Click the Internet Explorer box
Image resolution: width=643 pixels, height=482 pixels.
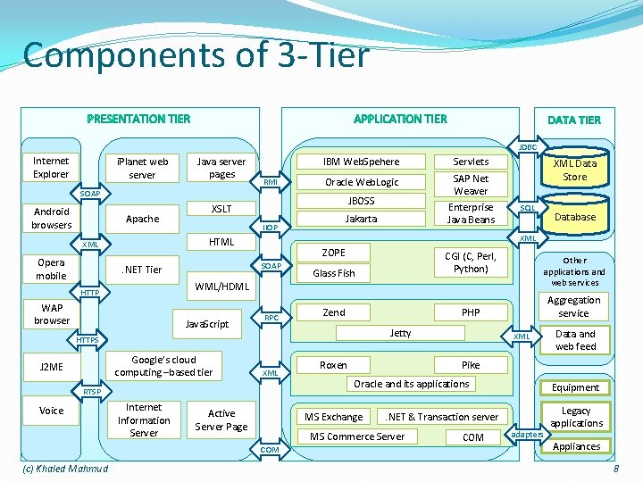[51, 168]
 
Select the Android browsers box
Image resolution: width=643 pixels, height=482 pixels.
[52, 218]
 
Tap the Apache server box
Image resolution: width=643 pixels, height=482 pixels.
[143, 219]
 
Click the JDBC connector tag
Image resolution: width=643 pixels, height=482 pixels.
[528, 146]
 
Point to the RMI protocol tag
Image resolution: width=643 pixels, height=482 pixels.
[271, 182]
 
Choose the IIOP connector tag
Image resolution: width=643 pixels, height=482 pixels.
[271, 228]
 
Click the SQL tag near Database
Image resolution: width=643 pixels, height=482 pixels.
[528, 208]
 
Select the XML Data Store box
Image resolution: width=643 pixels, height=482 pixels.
[575, 170]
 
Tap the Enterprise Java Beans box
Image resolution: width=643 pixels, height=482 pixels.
[471, 213]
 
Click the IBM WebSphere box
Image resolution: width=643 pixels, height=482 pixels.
[362, 162]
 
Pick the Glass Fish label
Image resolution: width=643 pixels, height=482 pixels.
[334, 273]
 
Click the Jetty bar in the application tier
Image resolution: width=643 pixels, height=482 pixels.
[401, 333]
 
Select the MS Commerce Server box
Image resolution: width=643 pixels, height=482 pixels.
[357, 436]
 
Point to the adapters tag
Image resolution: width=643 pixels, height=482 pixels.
[526, 435]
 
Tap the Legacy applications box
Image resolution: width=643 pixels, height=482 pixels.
[576, 417]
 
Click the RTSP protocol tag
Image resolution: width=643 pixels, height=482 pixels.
[92, 392]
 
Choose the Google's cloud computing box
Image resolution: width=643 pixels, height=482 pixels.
[163, 366]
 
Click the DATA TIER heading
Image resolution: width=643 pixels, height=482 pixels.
[574, 120]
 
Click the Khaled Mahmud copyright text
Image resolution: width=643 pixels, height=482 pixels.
[64, 469]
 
